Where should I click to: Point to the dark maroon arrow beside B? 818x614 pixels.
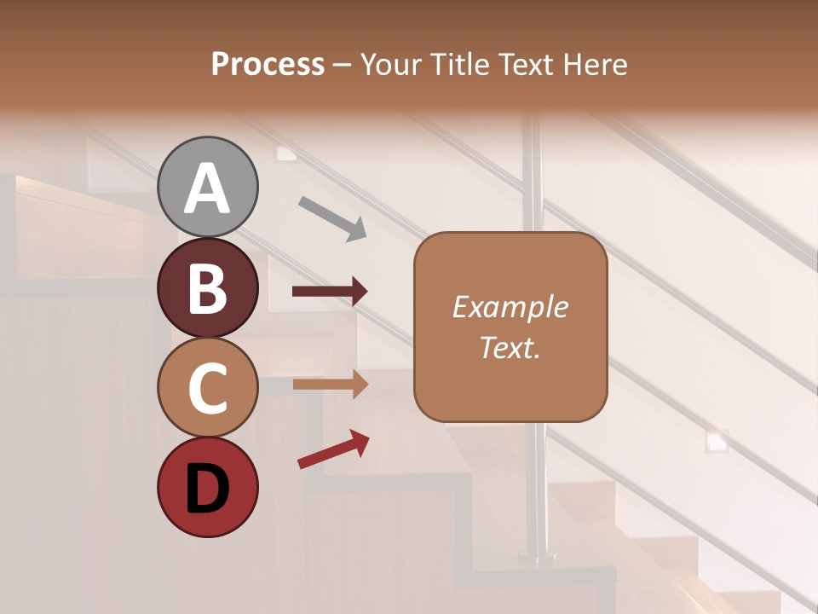(x=330, y=292)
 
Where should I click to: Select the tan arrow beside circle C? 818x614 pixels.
(x=330, y=384)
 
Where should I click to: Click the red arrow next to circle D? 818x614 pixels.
(x=333, y=450)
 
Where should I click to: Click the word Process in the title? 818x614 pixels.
(x=268, y=65)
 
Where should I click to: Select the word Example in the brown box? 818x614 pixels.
(x=510, y=307)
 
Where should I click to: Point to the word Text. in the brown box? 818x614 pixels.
(x=510, y=347)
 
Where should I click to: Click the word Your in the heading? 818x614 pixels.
(x=389, y=65)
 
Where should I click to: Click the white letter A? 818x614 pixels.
(x=207, y=188)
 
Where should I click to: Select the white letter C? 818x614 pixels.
(x=207, y=389)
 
